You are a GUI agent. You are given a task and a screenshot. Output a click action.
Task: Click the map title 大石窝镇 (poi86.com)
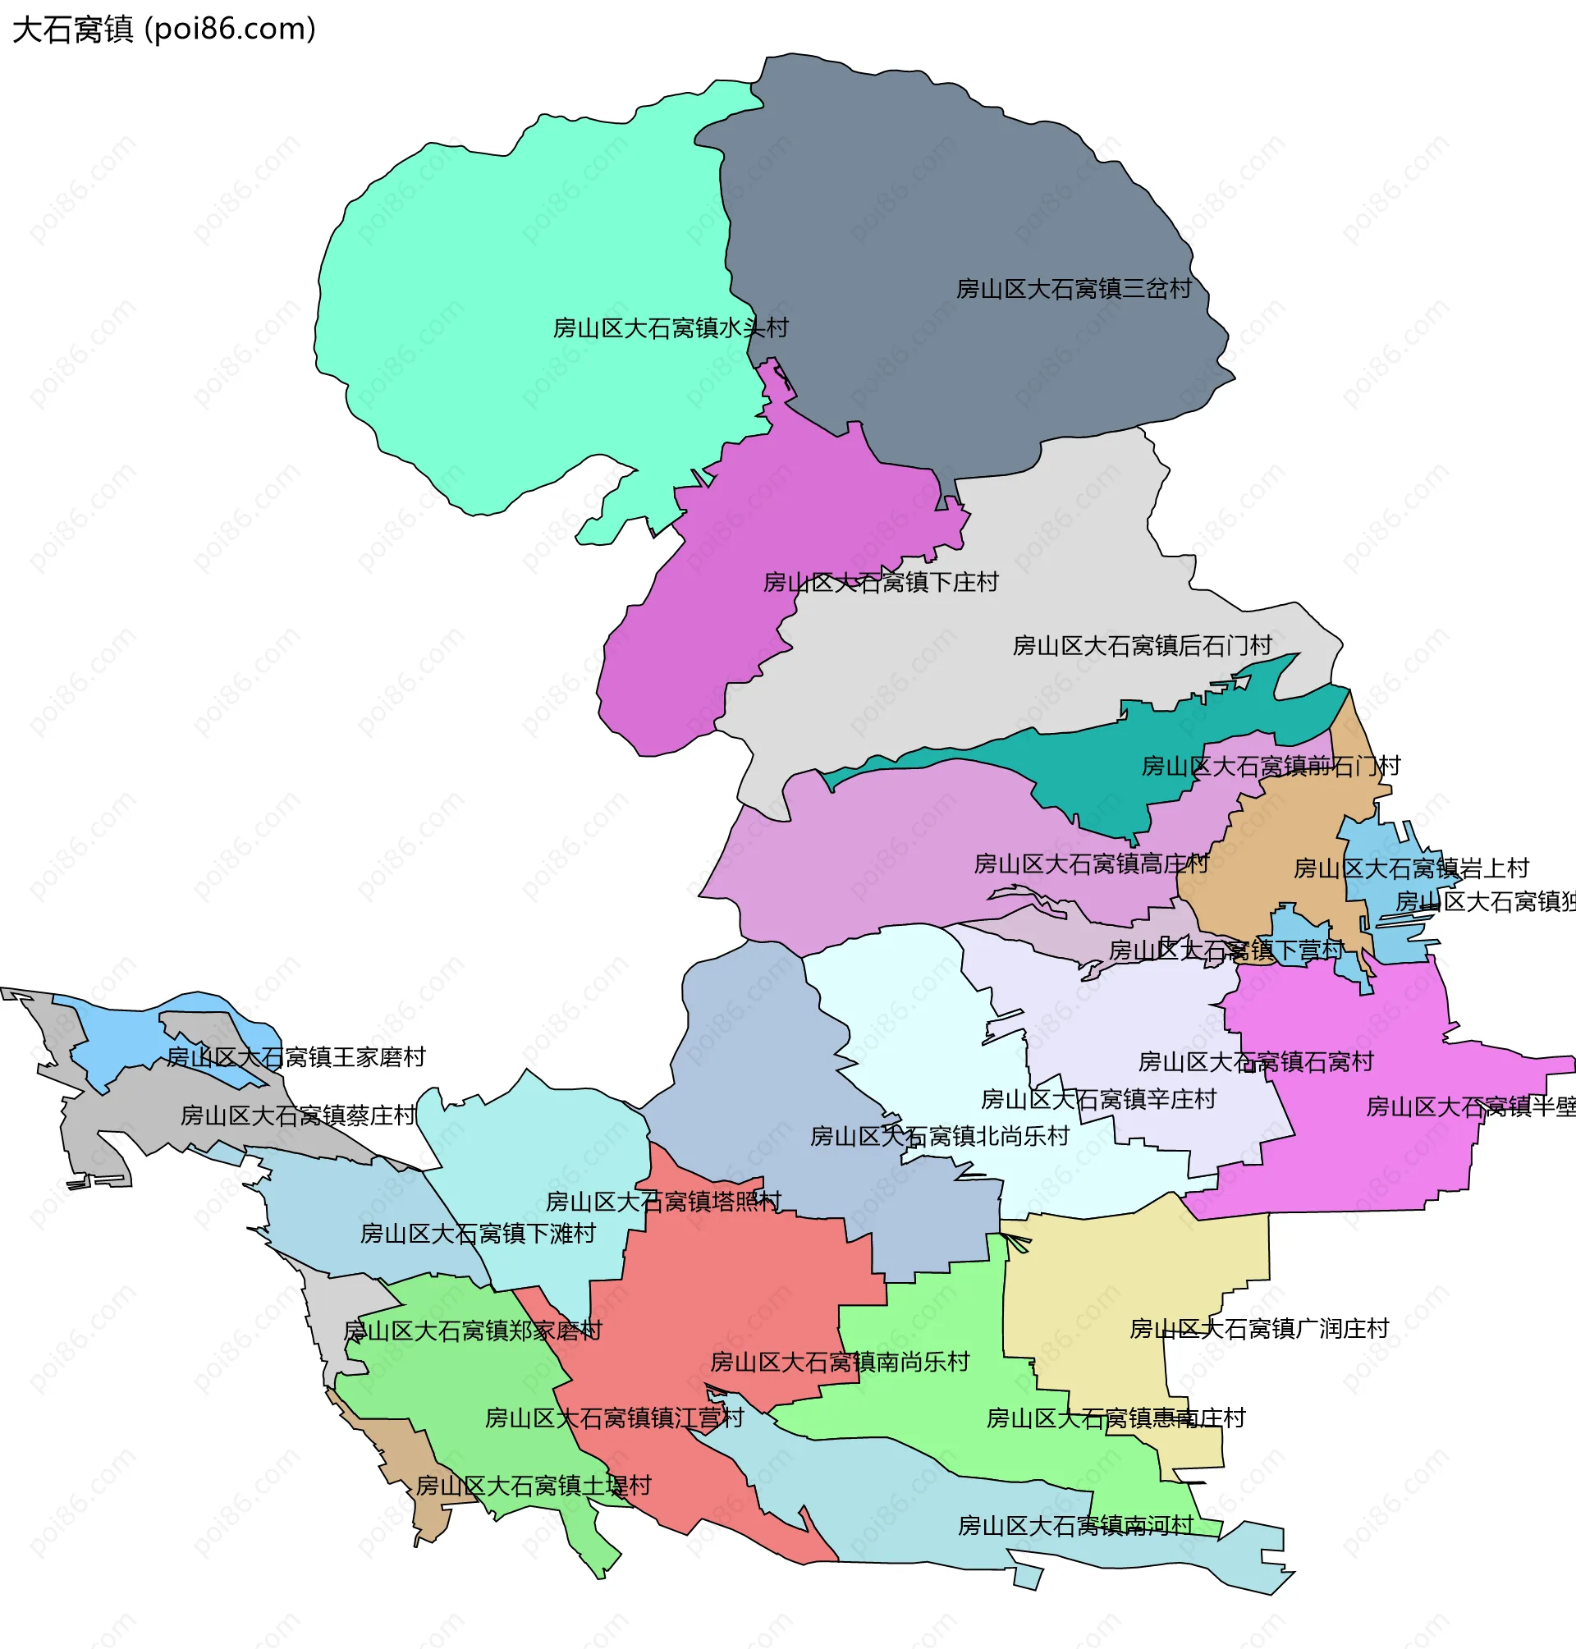pyautogui.click(x=164, y=30)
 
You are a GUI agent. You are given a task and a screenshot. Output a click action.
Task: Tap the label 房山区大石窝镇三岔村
pyautogui.click(x=1074, y=289)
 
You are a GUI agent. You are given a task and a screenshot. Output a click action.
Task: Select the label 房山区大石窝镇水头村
pyautogui.click(x=671, y=328)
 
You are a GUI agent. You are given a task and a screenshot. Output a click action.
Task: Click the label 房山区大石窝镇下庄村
pyautogui.click(x=881, y=582)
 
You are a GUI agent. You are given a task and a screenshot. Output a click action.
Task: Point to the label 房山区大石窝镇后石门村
pyautogui.click(x=1142, y=646)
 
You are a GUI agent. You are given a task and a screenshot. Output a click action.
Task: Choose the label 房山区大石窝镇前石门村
pyautogui.click(x=1270, y=766)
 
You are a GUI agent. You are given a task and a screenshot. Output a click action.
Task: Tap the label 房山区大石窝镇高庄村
pyautogui.click(x=1090, y=863)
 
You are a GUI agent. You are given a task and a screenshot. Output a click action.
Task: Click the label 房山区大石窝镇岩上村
pyautogui.click(x=1410, y=868)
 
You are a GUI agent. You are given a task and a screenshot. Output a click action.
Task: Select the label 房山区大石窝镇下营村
pyautogui.click(x=1226, y=951)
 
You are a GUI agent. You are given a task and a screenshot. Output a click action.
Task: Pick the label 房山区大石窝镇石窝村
pyautogui.click(x=1255, y=1063)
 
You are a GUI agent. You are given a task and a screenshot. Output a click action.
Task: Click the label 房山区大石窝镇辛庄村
pyautogui.click(x=1098, y=1100)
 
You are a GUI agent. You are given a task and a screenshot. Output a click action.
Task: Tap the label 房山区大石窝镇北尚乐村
pyautogui.click(x=939, y=1137)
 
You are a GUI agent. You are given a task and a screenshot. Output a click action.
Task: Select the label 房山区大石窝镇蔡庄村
pyautogui.click(x=298, y=1116)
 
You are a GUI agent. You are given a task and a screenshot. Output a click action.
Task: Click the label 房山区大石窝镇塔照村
pyautogui.click(x=663, y=1202)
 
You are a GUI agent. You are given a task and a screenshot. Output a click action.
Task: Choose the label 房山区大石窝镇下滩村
pyautogui.click(x=477, y=1234)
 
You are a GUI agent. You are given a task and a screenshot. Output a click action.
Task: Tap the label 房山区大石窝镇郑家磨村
pyautogui.click(x=472, y=1331)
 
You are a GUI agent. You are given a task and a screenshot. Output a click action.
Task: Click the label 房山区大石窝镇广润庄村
pyautogui.click(x=1258, y=1330)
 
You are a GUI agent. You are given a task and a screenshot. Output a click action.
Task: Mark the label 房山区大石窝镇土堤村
pyautogui.click(x=534, y=1486)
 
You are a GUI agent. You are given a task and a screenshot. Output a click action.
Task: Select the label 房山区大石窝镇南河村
pyautogui.click(x=1075, y=1527)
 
